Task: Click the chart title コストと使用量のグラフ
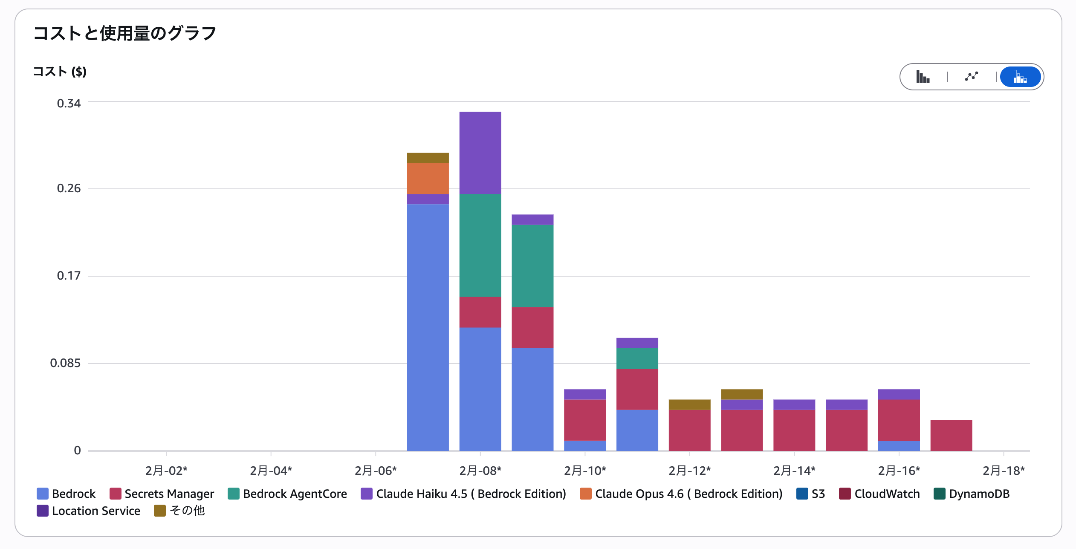click(x=125, y=33)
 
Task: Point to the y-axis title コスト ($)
click(x=60, y=72)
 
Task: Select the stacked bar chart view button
click(x=1020, y=77)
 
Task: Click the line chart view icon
click(x=971, y=77)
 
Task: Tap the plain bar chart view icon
click(x=923, y=77)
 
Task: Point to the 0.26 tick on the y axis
click(x=69, y=188)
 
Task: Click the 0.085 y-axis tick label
click(x=65, y=363)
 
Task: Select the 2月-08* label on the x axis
click(x=480, y=471)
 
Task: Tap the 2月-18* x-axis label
click(x=1004, y=471)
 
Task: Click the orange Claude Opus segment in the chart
click(x=428, y=179)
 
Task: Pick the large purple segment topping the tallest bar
click(x=480, y=153)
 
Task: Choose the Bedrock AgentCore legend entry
click(x=287, y=494)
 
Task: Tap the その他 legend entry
click(x=179, y=511)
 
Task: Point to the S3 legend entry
click(x=811, y=494)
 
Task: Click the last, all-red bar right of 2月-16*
click(x=951, y=435)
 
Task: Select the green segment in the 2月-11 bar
click(x=637, y=358)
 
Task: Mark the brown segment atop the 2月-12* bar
click(x=689, y=405)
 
